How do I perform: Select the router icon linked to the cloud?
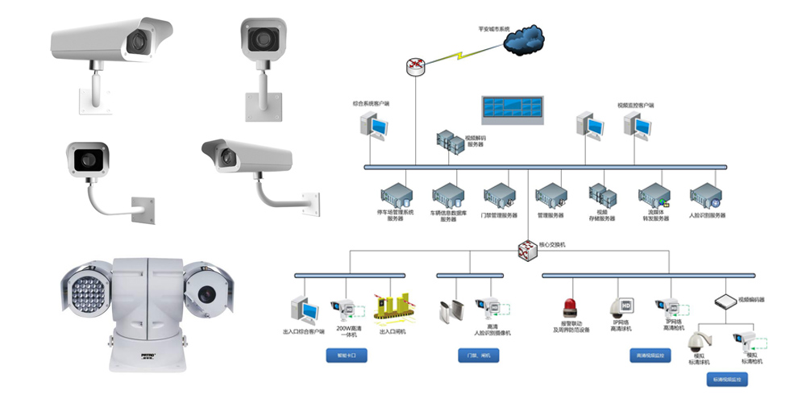tap(415, 65)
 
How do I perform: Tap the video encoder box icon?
tap(725, 299)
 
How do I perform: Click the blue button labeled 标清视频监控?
tap(728, 378)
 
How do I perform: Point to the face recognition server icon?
tap(706, 197)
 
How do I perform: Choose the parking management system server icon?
tap(396, 197)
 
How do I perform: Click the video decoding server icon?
tap(448, 143)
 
